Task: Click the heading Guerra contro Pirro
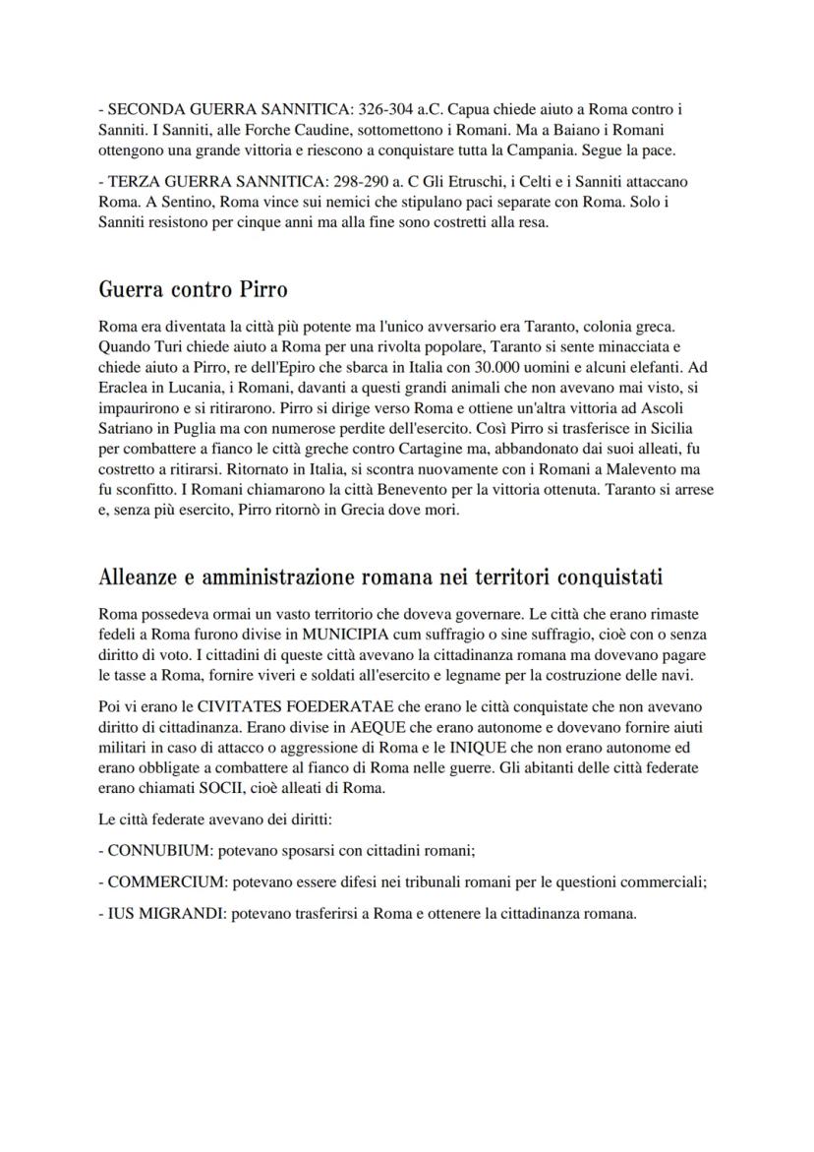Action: (x=194, y=290)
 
